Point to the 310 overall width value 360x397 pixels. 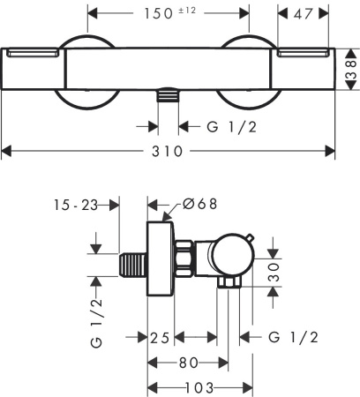pos(167,151)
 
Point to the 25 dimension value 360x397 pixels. pos(159,337)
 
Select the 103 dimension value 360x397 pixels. pos(199,387)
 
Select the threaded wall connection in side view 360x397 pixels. pos(131,265)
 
